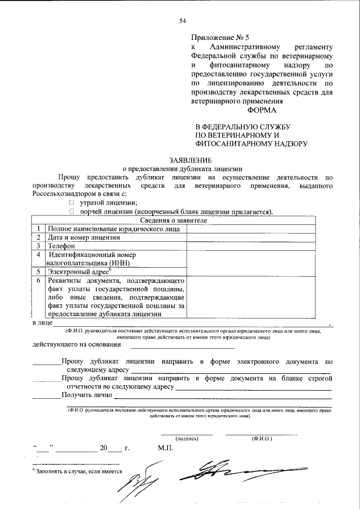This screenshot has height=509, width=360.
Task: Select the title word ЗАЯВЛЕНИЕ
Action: click(182, 160)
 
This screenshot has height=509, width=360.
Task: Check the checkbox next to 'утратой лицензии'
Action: click(71, 202)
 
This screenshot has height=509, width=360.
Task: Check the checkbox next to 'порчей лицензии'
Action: click(71, 211)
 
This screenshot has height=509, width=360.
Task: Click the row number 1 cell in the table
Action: click(38, 229)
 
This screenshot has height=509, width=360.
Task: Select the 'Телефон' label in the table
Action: click(62, 246)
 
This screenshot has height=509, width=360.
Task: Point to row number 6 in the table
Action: click(38, 280)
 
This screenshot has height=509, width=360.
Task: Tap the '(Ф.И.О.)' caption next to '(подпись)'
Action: click(262, 438)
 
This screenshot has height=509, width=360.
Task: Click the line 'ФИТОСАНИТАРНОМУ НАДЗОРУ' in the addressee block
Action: click(251, 144)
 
